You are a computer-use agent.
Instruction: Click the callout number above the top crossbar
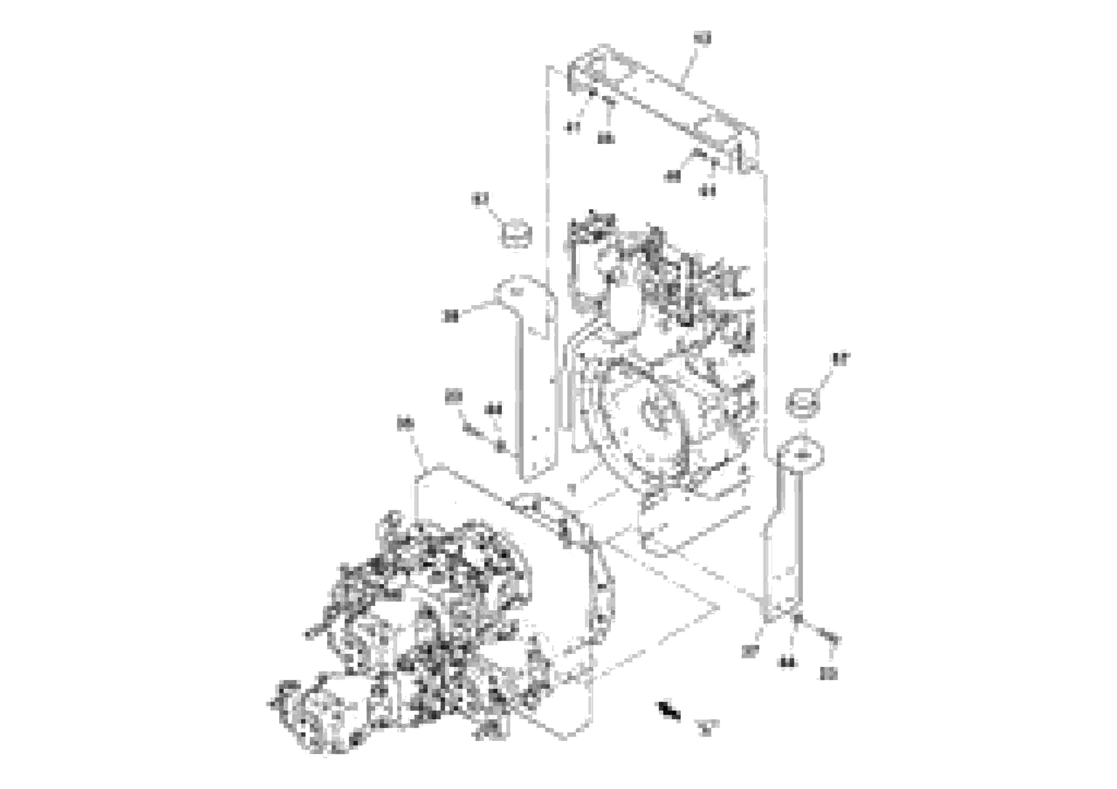[702, 38]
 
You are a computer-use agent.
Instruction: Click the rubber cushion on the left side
[515, 236]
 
